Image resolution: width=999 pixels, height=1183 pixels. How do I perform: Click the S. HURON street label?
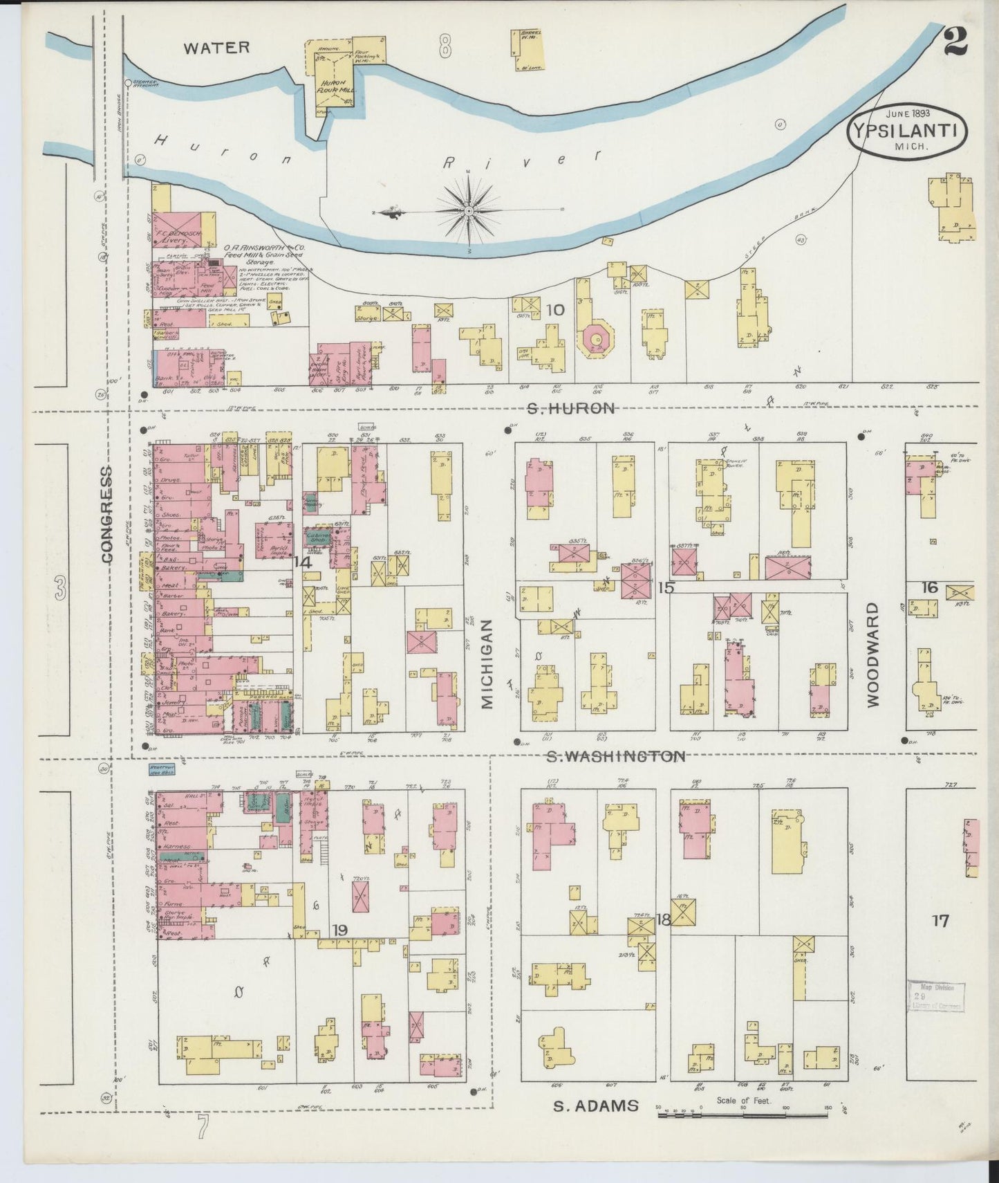click(571, 408)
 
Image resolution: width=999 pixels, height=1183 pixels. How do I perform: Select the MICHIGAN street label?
click(487, 663)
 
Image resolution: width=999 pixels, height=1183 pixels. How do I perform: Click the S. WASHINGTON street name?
click(615, 757)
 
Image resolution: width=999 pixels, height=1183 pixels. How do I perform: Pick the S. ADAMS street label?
click(596, 1106)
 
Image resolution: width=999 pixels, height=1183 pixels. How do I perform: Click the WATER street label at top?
click(216, 48)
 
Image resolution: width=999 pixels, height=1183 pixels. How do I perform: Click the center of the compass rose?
click(469, 209)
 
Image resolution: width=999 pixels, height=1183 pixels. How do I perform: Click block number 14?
click(302, 563)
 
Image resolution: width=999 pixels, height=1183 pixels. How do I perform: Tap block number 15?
click(666, 587)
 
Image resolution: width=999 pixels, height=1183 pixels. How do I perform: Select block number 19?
click(339, 930)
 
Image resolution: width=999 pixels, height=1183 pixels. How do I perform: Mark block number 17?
click(940, 921)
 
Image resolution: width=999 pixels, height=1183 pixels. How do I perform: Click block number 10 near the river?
click(555, 310)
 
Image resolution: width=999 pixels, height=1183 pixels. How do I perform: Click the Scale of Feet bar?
click(726, 1114)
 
